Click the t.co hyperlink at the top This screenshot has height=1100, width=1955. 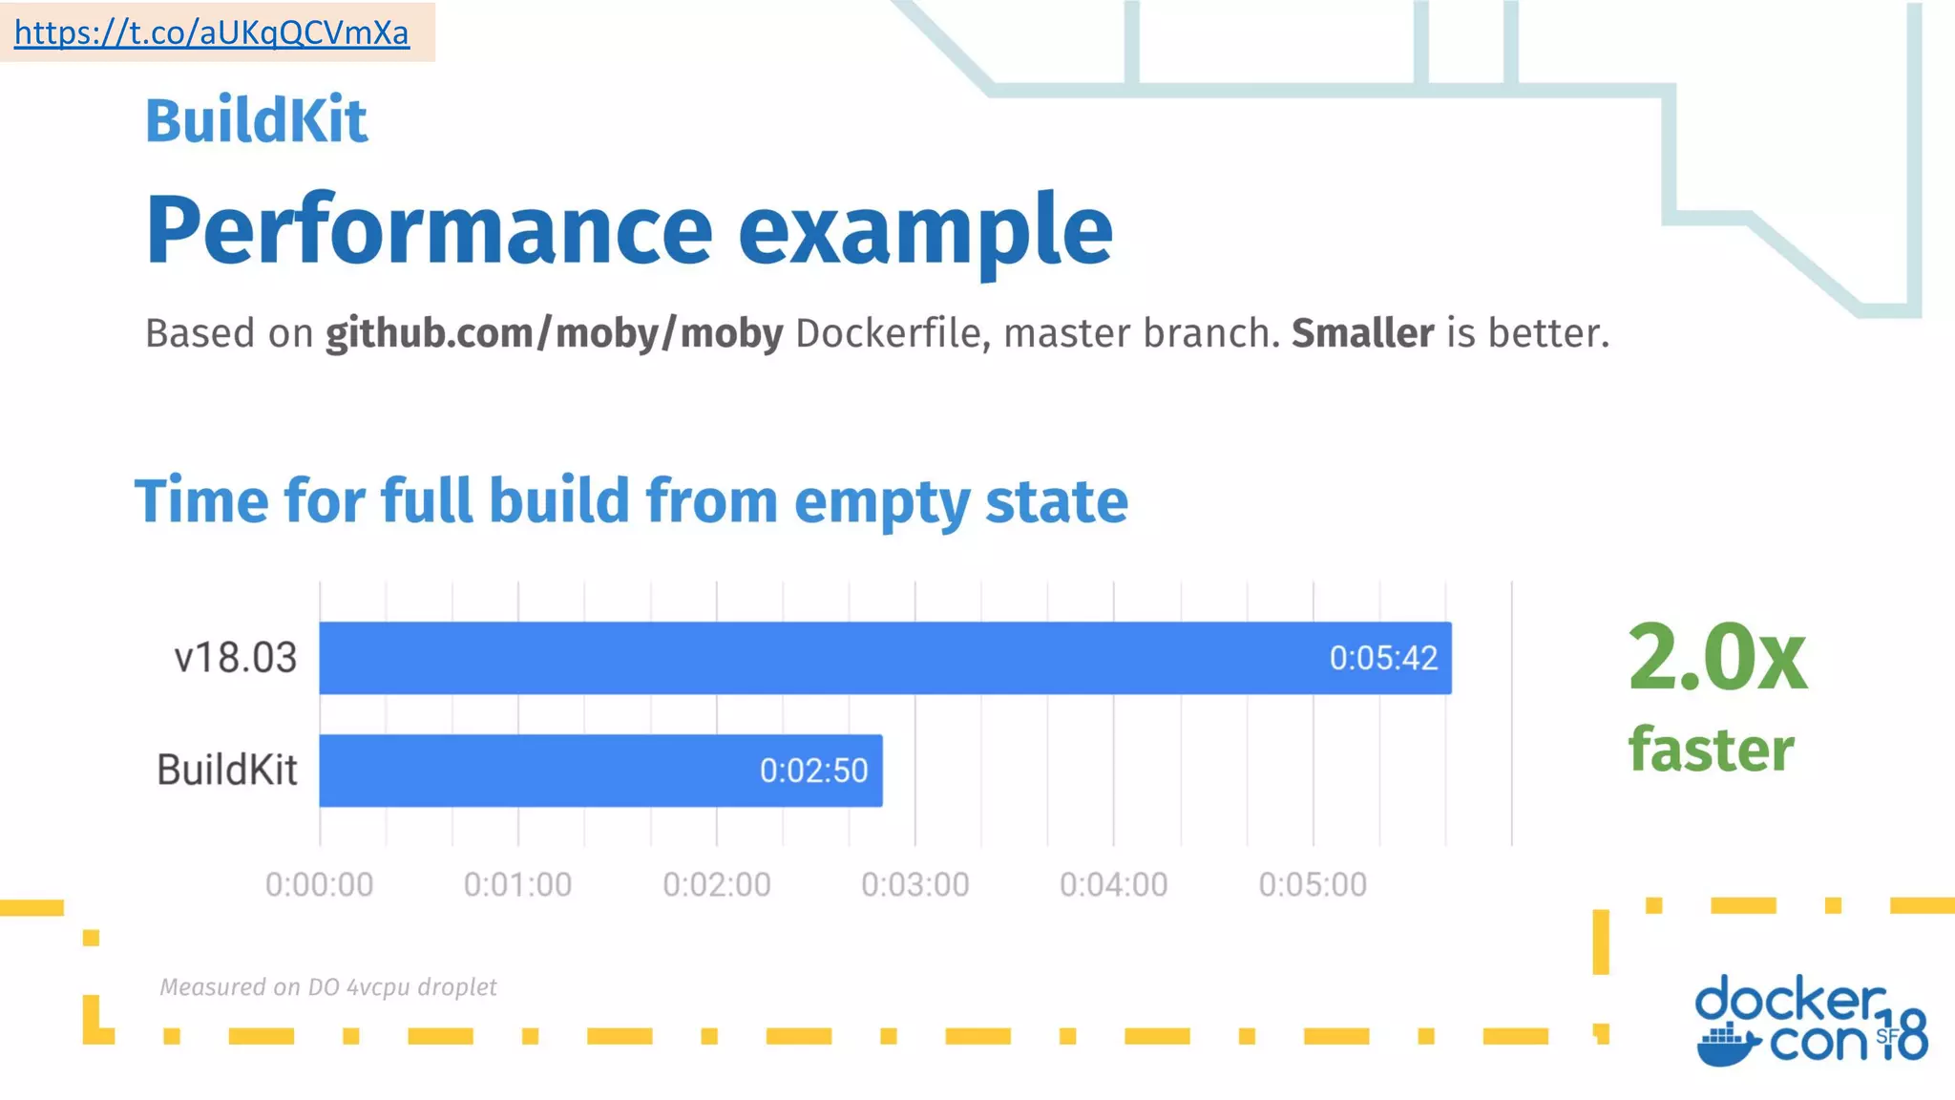[x=211, y=33]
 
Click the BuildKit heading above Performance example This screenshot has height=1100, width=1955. [x=256, y=121]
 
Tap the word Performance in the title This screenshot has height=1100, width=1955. [x=429, y=230]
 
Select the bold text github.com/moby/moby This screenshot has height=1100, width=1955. [x=554, y=334]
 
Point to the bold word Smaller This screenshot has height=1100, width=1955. [x=1362, y=334]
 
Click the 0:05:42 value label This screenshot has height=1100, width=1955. [x=1383, y=659]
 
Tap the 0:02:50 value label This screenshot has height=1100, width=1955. [x=813, y=771]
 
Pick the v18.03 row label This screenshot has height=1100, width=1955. [x=235, y=658]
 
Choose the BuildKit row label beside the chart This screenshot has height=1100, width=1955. [x=227, y=771]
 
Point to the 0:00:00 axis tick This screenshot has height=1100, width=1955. [x=319, y=885]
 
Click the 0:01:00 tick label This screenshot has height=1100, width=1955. [x=517, y=885]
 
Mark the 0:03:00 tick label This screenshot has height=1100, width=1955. [x=914, y=885]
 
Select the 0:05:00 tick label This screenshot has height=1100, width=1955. [x=1313, y=885]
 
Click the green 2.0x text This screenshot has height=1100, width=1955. [x=1716, y=658]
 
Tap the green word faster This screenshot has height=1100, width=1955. [x=1711, y=750]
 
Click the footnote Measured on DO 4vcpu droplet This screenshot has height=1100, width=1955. [x=327, y=987]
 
